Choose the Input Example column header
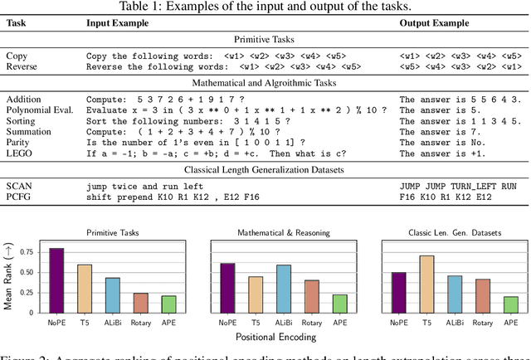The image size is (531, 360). coord(118,23)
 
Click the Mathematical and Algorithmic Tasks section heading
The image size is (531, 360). coord(265,83)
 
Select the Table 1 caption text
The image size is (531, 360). coord(265,7)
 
